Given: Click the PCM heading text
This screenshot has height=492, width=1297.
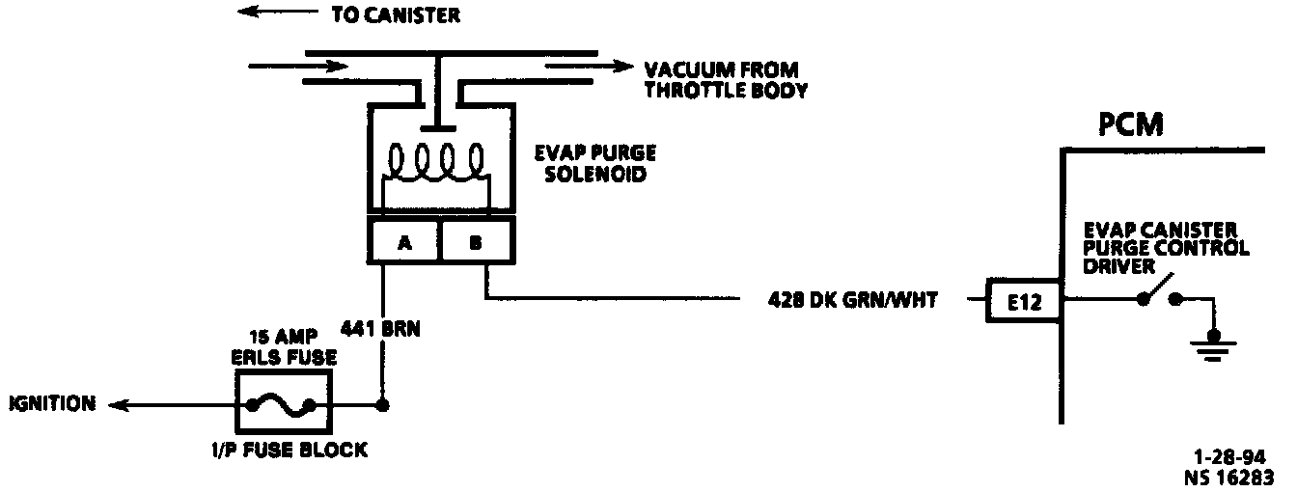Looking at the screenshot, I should click(x=1130, y=125).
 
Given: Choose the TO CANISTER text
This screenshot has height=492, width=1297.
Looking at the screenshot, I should click(x=395, y=15).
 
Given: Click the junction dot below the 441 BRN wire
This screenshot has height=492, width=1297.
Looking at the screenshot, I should click(x=383, y=404).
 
